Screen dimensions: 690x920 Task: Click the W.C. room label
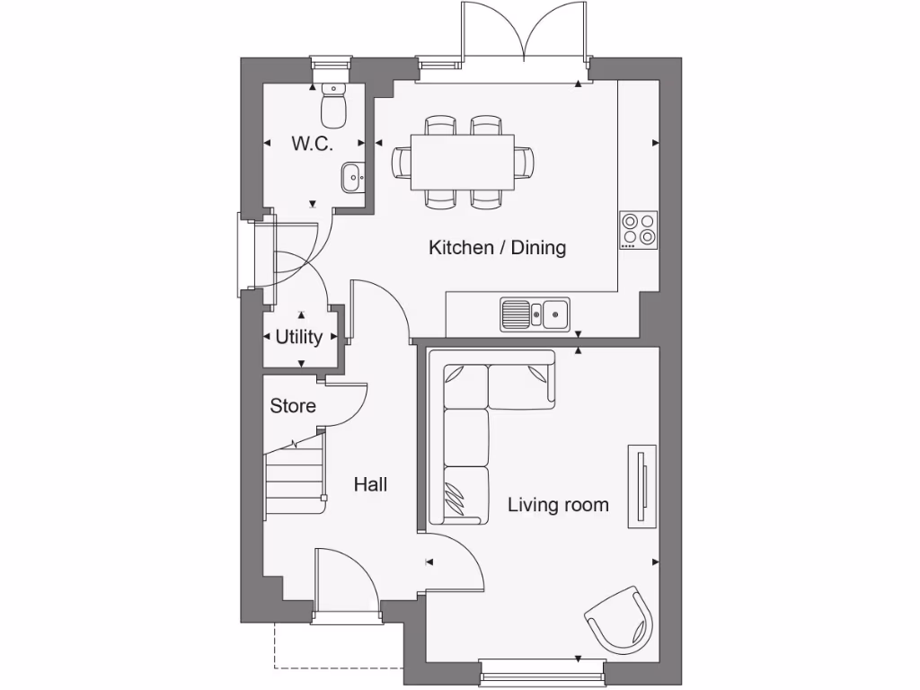click(x=312, y=144)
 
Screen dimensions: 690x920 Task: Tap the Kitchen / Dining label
click(x=497, y=247)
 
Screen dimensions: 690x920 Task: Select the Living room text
click(x=558, y=505)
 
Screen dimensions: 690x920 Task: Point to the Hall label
click(x=370, y=484)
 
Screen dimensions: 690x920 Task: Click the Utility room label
click(x=298, y=337)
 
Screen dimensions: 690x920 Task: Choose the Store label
click(x=293, y=406)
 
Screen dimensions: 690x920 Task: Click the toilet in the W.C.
click(x=333, y=107)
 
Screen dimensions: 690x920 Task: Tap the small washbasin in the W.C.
click(x=352, y=177)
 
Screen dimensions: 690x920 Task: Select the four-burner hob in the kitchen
click(x=638, y=230)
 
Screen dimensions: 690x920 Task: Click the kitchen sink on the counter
click(x=535, y=314)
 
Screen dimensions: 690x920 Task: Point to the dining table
click(x=463, y=163)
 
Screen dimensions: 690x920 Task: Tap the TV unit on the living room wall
click(x=641, y=487)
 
